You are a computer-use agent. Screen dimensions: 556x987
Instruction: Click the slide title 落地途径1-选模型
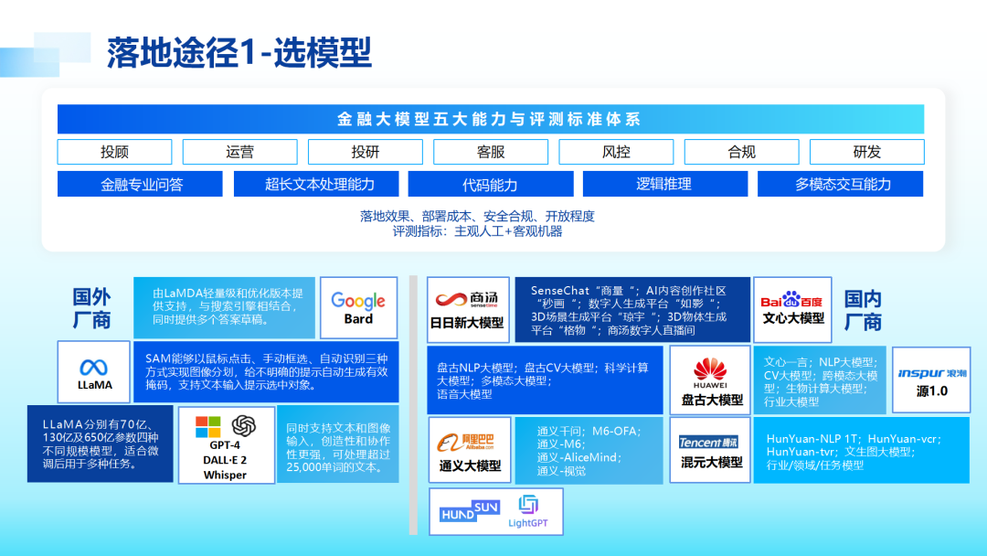(x=239, y=53)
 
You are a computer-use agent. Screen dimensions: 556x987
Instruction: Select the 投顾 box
(x=114, y=152)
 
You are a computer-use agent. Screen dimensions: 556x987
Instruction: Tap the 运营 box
(x=239, y=152)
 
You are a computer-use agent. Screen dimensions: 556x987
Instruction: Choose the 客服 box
(x=491, y=152)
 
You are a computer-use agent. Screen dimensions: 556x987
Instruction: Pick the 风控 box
(x=616, y=152)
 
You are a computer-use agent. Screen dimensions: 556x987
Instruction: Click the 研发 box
(x=866, y=152)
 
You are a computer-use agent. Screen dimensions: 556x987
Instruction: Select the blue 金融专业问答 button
(x=141, y=184)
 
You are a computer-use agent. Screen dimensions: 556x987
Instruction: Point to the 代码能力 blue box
(x=490, y=184)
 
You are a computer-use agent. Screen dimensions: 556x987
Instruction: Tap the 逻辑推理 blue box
(x=663, y=184)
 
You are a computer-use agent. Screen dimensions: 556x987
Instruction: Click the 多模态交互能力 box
(x=843, y=184)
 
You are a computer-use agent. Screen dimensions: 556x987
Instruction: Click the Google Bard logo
(x=358, y=307)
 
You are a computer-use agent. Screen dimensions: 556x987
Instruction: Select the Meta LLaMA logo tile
(x=95, y=372)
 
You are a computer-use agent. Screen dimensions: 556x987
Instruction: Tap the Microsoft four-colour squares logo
(x=208, y=427)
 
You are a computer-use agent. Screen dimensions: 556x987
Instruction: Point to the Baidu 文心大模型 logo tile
(x=792, y=307)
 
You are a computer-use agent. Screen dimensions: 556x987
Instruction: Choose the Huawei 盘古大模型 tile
(x=711, y=380)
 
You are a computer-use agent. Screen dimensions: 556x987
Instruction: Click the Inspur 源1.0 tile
(x=931, y=379)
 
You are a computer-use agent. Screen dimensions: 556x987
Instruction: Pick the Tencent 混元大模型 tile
(x=711, y=450)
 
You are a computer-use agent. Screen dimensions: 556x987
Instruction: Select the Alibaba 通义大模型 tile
(x=470, y=450)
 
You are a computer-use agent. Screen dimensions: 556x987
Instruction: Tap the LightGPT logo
(x=528, y=511)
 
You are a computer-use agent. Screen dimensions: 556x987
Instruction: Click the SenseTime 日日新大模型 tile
(x=467, y=309)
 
